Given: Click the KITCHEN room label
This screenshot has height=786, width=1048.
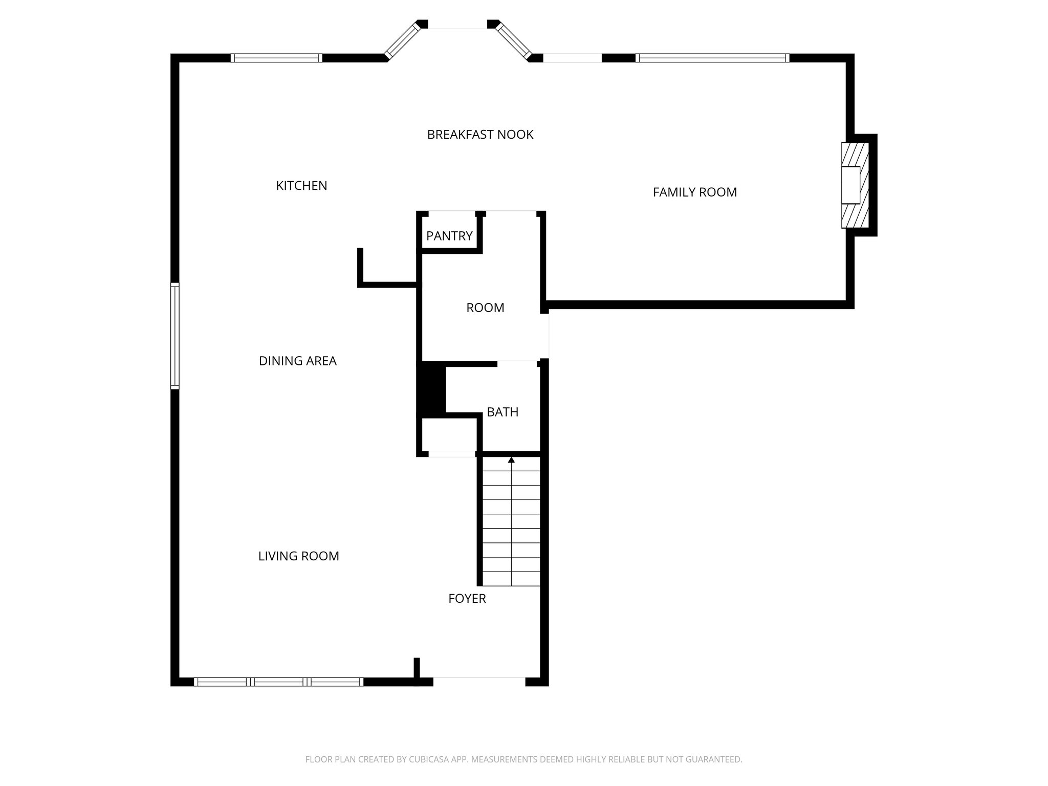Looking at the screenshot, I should [x=301, y=186].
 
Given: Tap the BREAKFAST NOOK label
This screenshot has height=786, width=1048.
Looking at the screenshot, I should [x=480, y=135].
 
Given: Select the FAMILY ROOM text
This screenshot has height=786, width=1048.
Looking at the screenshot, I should [x=694, y=192].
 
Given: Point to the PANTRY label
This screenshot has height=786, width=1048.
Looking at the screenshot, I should [x=449, y=236].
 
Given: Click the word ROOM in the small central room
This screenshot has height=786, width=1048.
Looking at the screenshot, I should [x=485, y=308].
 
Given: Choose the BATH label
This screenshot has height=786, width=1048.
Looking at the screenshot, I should [x=502, y=412].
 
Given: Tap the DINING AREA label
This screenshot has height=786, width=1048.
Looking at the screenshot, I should [x=297, y=361].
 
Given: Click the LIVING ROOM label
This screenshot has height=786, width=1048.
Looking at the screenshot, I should [x=298, y=556].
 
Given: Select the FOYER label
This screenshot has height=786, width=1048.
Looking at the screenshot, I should [x=467, y=599].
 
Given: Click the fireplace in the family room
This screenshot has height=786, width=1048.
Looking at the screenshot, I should [x=855, y=185].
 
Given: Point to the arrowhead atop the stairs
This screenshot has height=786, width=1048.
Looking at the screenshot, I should [x=511, y=460].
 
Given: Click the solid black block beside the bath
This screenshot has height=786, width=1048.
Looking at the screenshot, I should [x=432, y=389].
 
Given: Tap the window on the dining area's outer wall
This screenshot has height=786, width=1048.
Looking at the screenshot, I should [x=175, y=336].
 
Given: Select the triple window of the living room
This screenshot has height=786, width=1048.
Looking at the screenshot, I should [x=278, y=682].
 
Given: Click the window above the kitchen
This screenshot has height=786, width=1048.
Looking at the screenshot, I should [x=276, y=58].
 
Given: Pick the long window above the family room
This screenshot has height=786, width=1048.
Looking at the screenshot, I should [x=712, y=58].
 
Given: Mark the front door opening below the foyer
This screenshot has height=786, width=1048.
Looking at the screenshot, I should [x=479, y=681].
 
